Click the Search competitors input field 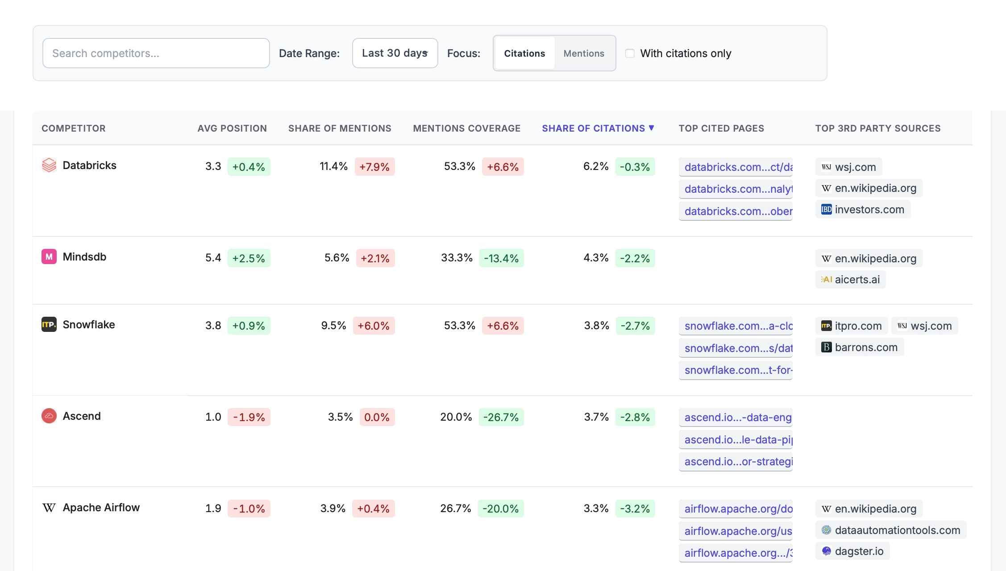[156, 53]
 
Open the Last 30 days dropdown [395, 53]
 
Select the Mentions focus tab [583, 53]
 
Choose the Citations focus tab [524, 53]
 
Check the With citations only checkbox [630, 54]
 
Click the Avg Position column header [232, 128]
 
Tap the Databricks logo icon [49, 166]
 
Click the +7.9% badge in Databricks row [374, 167]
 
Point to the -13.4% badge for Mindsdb [501, 258]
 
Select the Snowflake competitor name [89, 325]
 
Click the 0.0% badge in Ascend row [377, 417]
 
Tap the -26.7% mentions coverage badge [501, 417]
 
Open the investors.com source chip [862, 210]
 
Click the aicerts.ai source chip [850, 280]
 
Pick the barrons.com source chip [859, 348]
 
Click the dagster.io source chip [852, 551]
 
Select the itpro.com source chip [851, 326]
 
